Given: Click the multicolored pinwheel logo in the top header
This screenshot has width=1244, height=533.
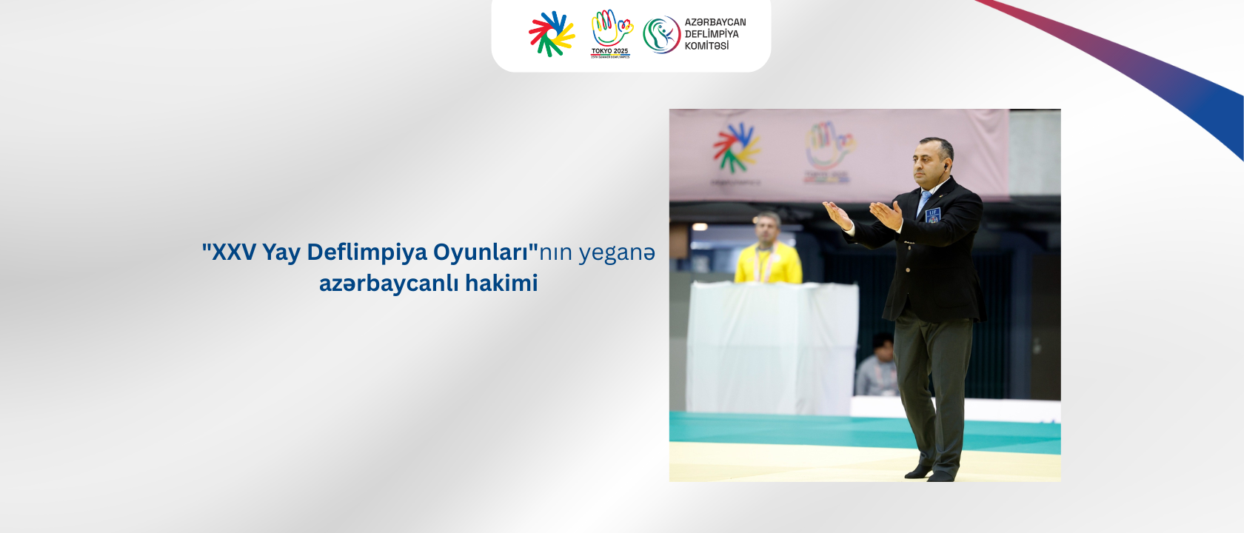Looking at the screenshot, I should pos(552,34).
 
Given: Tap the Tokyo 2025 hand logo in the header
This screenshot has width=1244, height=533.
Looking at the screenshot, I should pos(611,33).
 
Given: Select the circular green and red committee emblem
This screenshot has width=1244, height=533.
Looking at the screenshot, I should pos(661,35).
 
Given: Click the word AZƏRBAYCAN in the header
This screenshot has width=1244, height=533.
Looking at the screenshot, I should pos(715,22).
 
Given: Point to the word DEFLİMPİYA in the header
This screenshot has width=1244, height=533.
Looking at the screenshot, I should pos(711,34).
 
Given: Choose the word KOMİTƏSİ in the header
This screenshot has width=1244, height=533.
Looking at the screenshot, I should pos(706,46).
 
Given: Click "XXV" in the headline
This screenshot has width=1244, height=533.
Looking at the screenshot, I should pos(234,252).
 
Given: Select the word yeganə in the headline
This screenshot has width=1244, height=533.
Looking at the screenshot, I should pos(617,252).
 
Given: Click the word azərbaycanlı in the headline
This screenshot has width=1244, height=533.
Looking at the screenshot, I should pos(389,284).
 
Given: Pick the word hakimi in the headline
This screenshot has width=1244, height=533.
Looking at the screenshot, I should pos(501,284).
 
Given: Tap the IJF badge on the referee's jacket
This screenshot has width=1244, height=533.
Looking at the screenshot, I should pos(932,215).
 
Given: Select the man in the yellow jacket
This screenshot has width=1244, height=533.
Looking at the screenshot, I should pos(767,252).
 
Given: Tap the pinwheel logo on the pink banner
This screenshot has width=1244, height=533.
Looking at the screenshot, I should pos(735,147).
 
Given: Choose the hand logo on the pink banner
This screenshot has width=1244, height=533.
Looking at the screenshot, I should pos(829,147).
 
